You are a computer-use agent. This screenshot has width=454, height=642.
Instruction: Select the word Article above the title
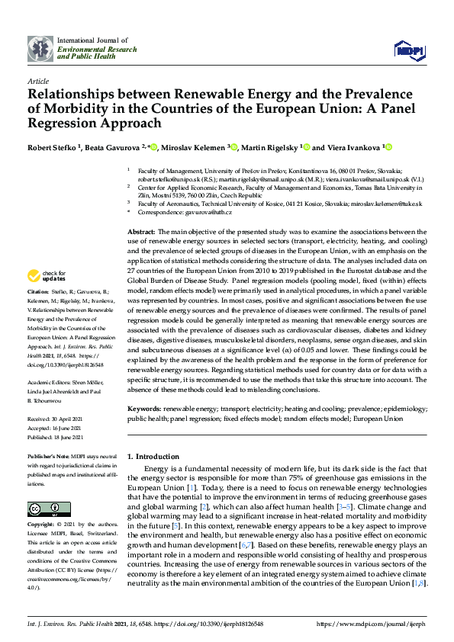point(37,81)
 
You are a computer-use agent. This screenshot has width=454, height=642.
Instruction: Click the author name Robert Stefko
point(54,147)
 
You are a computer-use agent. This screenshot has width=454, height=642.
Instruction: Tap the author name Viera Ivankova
point(334,147)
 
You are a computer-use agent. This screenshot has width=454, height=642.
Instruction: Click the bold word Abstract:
point(141,230)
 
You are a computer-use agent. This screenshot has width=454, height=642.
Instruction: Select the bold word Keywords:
point(145,409)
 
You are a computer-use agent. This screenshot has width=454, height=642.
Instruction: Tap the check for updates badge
point(47,275)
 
